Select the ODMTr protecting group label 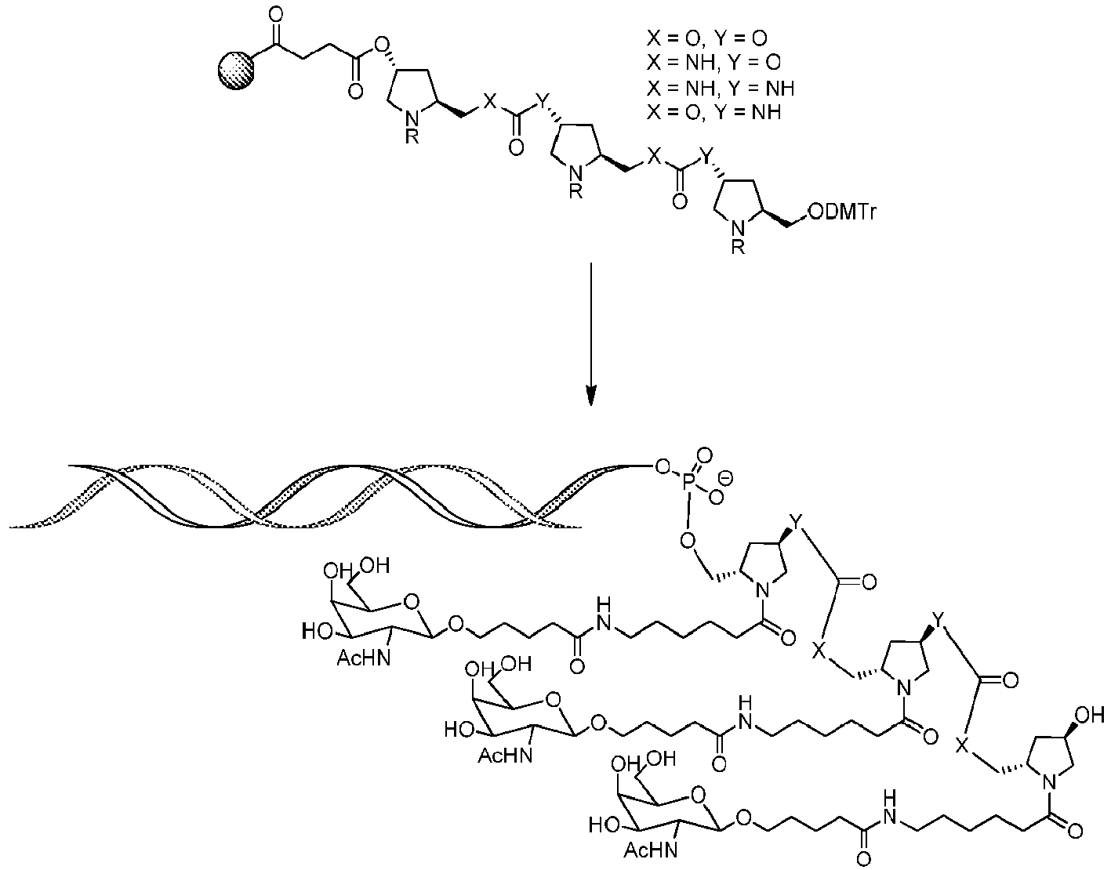(842, 212)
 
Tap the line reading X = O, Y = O (707, 38)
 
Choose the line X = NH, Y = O (713, 63)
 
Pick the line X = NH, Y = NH (721, 88)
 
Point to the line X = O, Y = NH (713, 112)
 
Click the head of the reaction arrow (591, 395)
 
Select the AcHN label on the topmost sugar (364, 658)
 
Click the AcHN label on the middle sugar (505, 755)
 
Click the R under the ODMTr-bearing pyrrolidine (737, 247)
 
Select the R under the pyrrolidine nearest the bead (412, 137)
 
